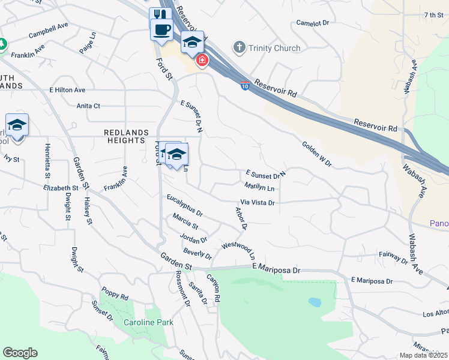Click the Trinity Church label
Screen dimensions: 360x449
click(274, 48)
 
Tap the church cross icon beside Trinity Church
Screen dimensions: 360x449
click(240, 47)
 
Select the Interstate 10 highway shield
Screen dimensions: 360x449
click(245, 86)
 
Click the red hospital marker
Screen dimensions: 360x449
click(202, 60)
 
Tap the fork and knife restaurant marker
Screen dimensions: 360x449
click(159, 13)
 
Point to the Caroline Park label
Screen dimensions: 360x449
click(148, 322)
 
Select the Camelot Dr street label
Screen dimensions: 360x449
click(313, 23)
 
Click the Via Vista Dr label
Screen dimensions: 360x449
click(258, 203)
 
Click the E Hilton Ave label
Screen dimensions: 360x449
click(67, 90)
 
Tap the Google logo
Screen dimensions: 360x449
click(20, 353)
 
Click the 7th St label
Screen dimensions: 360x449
click(432, 14)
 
